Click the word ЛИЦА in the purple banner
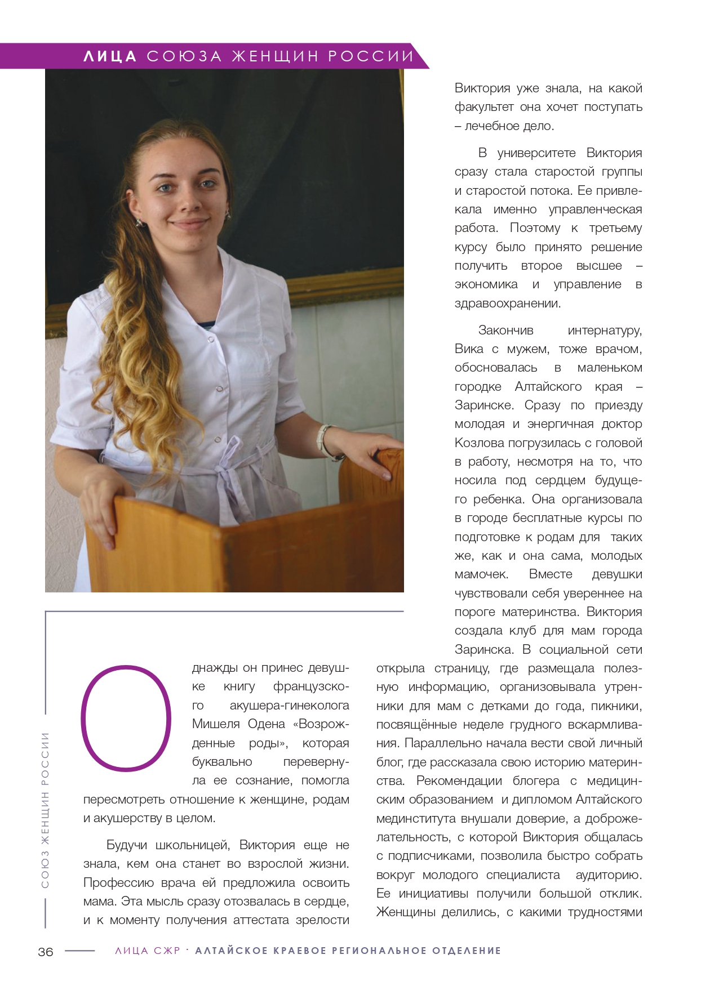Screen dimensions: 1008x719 (x=110, y=56)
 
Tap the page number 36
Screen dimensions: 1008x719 (x=46, y=951)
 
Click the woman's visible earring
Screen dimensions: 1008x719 (x=228, y=215)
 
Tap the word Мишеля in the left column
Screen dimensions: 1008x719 (x=214, y=724)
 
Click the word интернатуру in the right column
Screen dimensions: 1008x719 (x=605, y=330)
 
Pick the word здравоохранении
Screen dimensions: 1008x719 (x=507, y=304)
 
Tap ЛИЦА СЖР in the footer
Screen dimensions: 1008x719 (x=148, y=951)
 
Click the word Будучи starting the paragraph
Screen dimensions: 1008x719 (x=127, y=845)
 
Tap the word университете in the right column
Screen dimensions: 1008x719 (x=536, y=153)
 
